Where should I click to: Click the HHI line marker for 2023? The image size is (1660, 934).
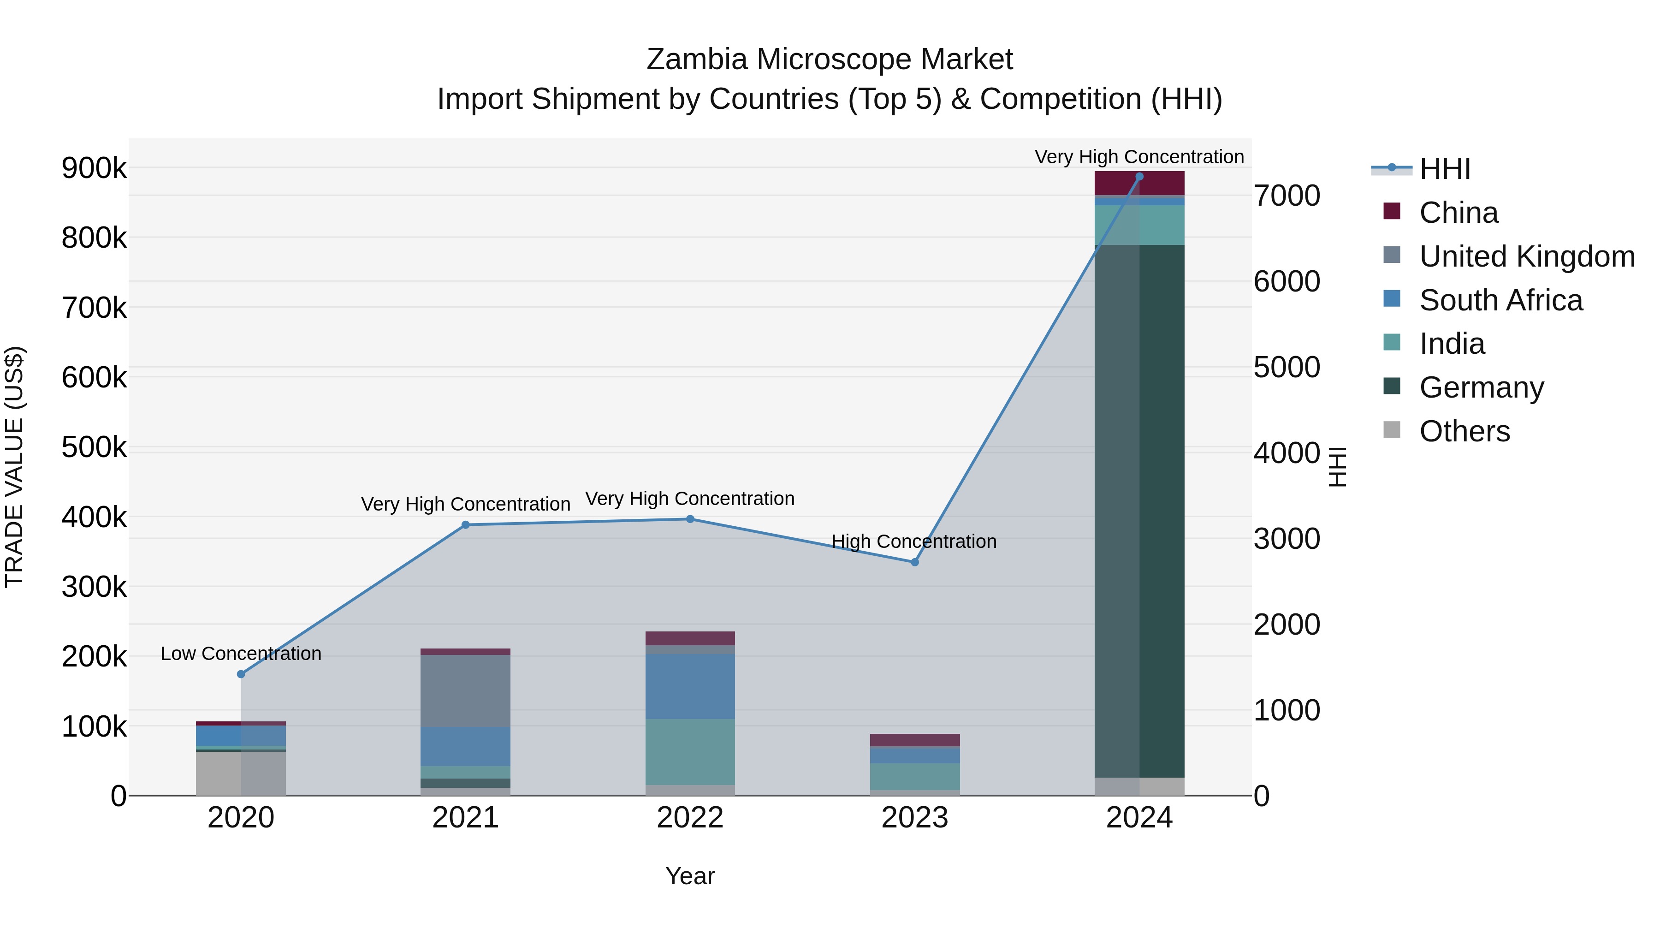[914, 562]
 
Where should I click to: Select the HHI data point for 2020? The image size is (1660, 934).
[241, 674]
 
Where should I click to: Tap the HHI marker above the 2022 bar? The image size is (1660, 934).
[690, 519]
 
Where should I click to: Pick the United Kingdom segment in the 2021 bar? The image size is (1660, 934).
[465, 691]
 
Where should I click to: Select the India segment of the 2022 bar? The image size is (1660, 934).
[690, 752]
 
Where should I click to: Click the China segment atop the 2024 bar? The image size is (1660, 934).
[1139, 183]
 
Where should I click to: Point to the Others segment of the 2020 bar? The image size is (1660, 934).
[241, 773]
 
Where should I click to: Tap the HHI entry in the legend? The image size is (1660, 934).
[1444, 169]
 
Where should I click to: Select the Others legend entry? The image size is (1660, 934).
[1464, 431]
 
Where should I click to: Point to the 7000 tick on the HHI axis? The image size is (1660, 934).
[1286, 196]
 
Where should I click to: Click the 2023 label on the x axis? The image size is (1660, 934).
[914, 818]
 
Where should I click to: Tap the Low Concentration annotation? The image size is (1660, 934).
[241, 654]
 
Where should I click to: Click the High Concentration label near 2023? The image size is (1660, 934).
[914, 541]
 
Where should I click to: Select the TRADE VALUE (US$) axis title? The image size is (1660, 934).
[14, 467]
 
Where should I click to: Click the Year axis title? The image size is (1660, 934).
[690, 876]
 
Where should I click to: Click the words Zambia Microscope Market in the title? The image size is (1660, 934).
[830, 59]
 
